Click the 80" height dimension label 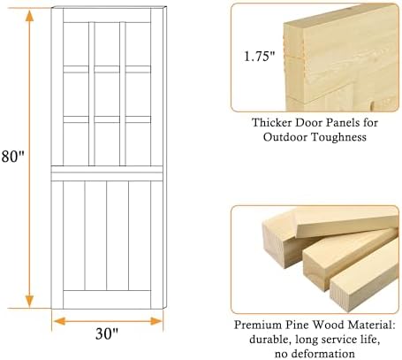click(12, 156)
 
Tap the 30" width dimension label click(107, 333)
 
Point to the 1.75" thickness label click(260, 56)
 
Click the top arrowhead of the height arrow click(29, 16)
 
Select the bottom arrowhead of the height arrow click(29, 302)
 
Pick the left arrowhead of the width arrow click(60, 321)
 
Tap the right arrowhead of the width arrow click(156, 321)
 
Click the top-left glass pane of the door click(76, 44)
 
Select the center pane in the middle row click(107, 95)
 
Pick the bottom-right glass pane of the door click(138, 144)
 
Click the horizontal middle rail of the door click(107, 173)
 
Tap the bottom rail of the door click(107, 300)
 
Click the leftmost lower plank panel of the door click(74, 235)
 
